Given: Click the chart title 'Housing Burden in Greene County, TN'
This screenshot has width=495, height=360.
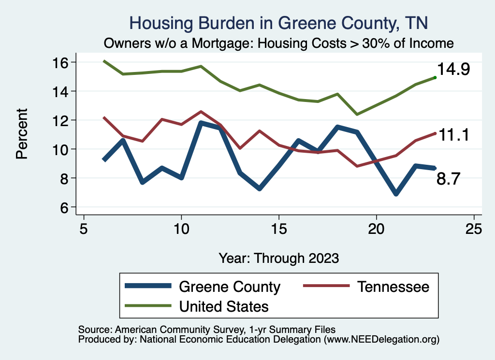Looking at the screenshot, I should pyautogui.click(x=278, y=23).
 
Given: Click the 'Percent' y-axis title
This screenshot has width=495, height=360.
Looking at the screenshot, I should pyautogui.click(x=21, y=134).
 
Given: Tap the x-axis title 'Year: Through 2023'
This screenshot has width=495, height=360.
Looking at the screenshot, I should pyautogui.click(x=278, y=258).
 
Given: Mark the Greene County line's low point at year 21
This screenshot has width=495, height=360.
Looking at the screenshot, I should pyautogui.click(x=396, y=194).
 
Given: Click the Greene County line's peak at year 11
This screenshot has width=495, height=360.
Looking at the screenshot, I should pyautogui.click(x=201, y=123).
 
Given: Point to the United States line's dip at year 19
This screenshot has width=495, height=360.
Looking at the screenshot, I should pyautogui.click(x=357, y=115).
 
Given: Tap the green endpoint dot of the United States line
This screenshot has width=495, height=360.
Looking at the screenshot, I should pyautogui.click(x=435, y=77).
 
